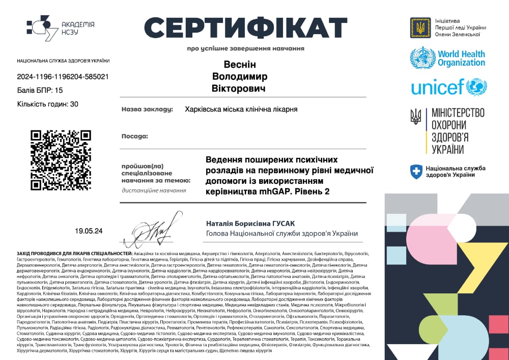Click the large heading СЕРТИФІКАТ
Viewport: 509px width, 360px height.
coord(245,26)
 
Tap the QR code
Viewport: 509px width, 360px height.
coord(61,160)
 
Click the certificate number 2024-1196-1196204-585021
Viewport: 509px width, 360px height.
coord(63,77)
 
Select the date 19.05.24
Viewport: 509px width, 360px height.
coord(89,231)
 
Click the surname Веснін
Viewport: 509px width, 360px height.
coord(240,65)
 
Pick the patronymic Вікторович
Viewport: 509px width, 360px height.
coord(239,88)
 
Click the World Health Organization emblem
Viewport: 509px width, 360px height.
coord(422,58)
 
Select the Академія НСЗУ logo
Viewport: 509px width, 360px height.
coord(60,28)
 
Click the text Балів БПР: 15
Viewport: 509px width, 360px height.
coord(40,90)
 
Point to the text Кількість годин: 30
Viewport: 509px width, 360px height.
coord(48,104)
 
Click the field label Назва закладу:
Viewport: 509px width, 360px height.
coord(147,109)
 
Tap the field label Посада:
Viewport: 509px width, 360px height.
coord(134,136)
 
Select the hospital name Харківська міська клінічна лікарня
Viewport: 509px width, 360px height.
coord(241,109)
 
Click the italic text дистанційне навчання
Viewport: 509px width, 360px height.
coord(154,190)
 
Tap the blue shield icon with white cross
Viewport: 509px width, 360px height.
coord(416,171)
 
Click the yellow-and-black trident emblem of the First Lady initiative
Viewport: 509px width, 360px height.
coord(420,27)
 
